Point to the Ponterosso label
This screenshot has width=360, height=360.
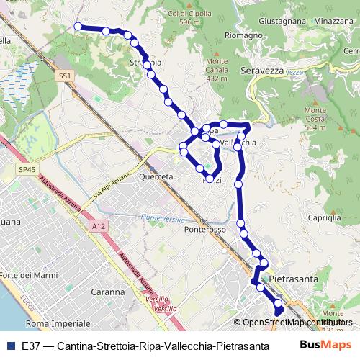[204, 229]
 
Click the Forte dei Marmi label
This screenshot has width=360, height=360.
[30, 276]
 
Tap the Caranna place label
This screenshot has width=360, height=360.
[109, 292]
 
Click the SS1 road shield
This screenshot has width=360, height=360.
[66, 75]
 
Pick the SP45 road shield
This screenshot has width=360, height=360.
[27, 169]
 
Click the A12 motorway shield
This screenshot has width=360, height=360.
[99, 226]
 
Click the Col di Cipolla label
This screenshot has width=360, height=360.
[183, 18]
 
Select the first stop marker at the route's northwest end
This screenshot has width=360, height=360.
[78, 27]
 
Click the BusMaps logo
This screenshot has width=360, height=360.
[325, 344]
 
